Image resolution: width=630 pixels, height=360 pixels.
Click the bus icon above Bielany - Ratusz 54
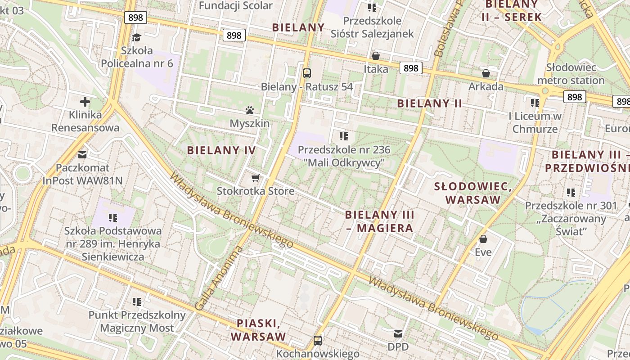pos(307,73)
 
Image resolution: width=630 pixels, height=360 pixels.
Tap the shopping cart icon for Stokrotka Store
pos(256,178)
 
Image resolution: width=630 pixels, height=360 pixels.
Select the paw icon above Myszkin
pos(250,110)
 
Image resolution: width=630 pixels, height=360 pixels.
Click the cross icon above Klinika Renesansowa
pos(85,102)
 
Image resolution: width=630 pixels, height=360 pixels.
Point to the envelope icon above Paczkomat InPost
pos(82,155)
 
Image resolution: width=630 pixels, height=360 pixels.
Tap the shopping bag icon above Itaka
pos(375,56)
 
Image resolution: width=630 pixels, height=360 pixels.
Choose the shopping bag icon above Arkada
pos(486,73)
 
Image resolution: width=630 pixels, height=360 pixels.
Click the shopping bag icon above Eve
pos(483,238)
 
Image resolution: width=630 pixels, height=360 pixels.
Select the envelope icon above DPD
pos(398,334)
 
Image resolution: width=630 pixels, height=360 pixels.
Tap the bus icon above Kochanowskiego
pos(318,340)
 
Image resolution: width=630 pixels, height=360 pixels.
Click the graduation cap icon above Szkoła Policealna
pos(137,37)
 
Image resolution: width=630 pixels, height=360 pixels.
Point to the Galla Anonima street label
pos(219,279)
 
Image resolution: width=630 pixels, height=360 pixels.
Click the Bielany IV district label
pos(221,150)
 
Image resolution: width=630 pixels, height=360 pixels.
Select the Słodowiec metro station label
pos(571,74)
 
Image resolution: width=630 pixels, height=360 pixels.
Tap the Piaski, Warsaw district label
pos(258,330)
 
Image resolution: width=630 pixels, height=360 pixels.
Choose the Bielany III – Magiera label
pos(379,221)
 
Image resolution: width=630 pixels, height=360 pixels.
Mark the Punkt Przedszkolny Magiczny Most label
pos(137,321)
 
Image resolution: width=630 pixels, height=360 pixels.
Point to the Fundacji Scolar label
pos(235,5)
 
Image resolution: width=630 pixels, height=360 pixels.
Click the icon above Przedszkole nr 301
pos(571,193)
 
